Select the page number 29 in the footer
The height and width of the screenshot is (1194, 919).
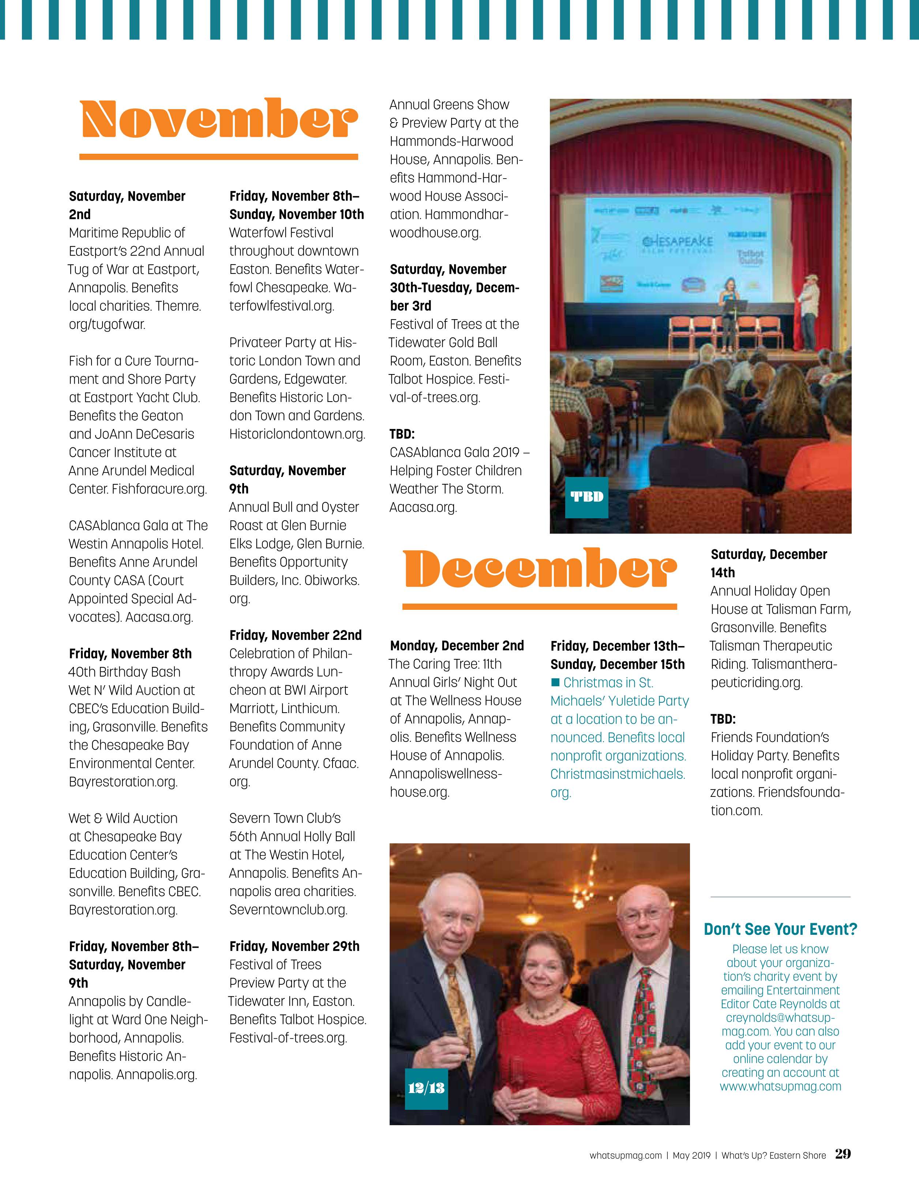click(843, 1154)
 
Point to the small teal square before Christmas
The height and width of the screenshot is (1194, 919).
click(556, 682)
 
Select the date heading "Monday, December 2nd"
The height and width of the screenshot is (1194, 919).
click(457, 646)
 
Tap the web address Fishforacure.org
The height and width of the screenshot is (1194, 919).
click(159, 489)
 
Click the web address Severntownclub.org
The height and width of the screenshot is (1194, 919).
click(288, 910)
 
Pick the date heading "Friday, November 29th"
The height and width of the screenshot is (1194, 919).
click(294, 946)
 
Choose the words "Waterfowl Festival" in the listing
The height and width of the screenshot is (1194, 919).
click(281, 232)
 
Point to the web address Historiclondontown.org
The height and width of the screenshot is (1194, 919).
click(297, 434)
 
